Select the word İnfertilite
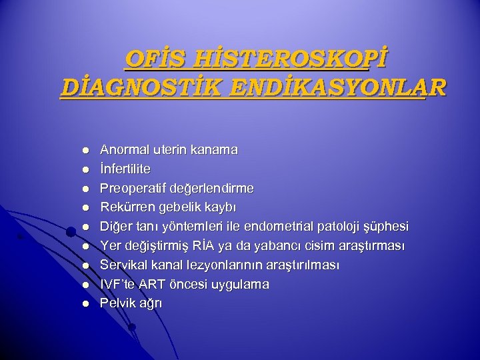125,169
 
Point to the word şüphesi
387,227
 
